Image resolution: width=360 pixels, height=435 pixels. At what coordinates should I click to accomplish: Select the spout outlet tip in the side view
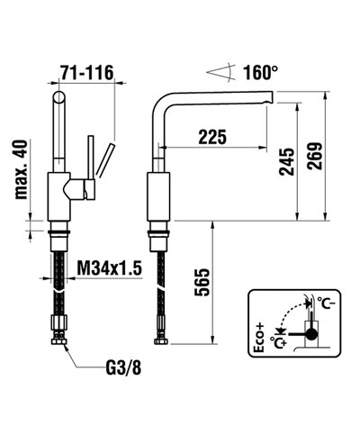(x=268, y=104)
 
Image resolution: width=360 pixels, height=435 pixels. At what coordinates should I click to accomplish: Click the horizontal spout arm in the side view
(x=216, y=95)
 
